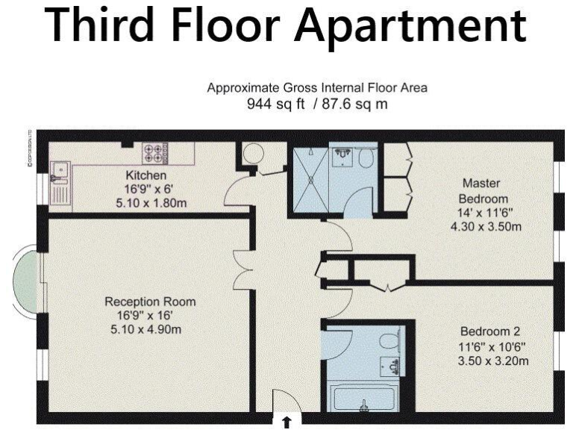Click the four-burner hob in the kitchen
coord(154,153)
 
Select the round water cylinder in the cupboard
coord(253,155)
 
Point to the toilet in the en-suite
coord(366,158)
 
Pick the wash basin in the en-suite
coord(343,155)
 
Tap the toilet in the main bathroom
coord(389,341)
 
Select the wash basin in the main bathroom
coord(389,366)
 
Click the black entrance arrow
coord(286,423)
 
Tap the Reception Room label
coord(149,302)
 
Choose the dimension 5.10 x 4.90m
coord(149,329)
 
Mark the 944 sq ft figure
coord(276,104)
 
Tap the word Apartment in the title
coord(410,27)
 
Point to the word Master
coord(481,183)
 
